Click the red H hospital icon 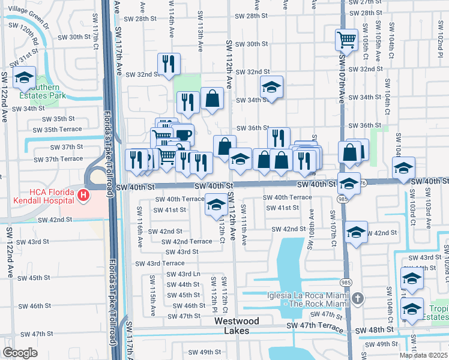point(83,196)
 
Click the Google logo point(20,353)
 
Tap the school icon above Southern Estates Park point(25,77)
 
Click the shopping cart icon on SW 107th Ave point(346,40)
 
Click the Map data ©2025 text point(423,355)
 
